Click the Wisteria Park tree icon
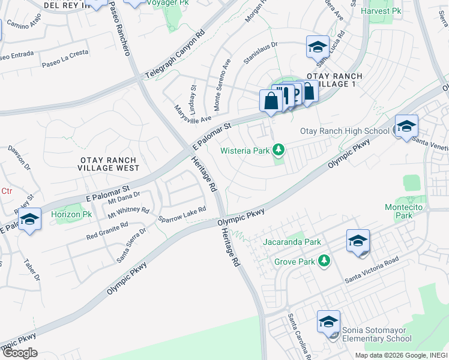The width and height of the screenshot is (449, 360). pyautogui.click(x=278, y=149)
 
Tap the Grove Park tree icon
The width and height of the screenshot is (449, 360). pyautogui.click(x=324, y=261)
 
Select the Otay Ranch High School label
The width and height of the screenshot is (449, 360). pyautogui.click(x=345, y=131)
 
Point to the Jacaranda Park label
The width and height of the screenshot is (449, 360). pyautogui.click(x=292, y=242)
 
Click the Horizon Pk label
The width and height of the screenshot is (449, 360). pyautogui.click(x=71, y=214)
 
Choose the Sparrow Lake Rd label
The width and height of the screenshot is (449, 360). pyautogui.click(x=182, y=214)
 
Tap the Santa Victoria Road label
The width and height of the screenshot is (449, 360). pyautogui.click(x=372, y=270)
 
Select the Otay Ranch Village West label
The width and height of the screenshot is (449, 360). pyautogui.click(x=109, y=164)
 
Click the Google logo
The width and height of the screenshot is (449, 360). pyautogui.click(x=19, y=353)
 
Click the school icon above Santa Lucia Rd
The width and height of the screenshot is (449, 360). pyautogui.click(x=318, y=46)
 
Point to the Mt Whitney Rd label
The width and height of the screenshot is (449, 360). pyautogui.click(x=128, y=211)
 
